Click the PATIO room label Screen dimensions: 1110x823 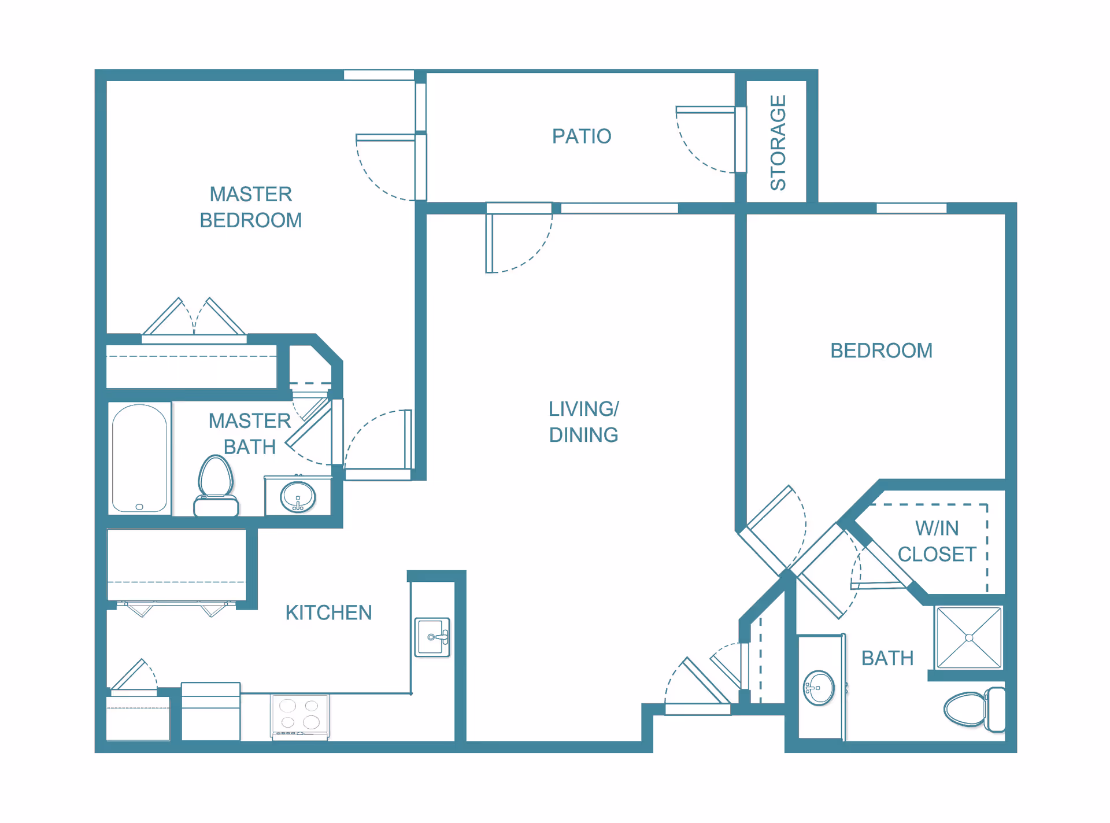coord(582,136)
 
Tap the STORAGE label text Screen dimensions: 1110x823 coord(778,143)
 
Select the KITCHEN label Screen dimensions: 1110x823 coord(328,612)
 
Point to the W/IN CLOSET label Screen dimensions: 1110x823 coord(937,541)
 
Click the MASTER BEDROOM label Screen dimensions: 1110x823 coord(250,207)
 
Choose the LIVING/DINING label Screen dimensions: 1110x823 coord(583,422)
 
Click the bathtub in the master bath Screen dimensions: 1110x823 coord(139,458)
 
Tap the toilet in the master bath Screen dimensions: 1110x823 coord(216,486)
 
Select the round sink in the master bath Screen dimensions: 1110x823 coord(298,497)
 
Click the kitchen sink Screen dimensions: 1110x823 coord(432,637)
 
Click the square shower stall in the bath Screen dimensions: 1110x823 coord(969,637)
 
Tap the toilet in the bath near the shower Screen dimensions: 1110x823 coord(975,709)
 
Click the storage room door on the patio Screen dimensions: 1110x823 coord(711,139)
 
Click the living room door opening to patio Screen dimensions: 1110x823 coord(519,237)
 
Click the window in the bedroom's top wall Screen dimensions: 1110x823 coord(911,208)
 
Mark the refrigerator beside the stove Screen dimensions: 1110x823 coord(210,711)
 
